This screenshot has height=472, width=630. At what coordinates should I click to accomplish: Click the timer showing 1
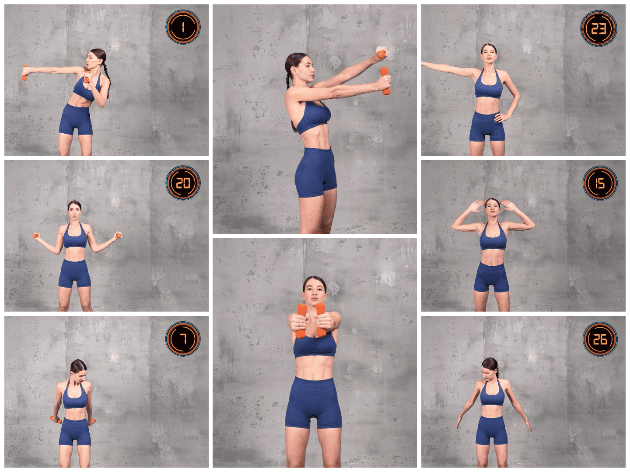[183, 27]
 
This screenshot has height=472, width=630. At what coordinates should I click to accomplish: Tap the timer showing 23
[598, 28]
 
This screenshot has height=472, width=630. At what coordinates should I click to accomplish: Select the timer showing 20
[183, 183]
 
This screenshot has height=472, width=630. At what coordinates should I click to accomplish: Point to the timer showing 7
[183, 339]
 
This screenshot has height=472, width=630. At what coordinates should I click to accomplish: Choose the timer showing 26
[600, 339]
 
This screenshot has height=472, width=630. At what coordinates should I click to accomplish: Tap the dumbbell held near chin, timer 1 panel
[87, 77]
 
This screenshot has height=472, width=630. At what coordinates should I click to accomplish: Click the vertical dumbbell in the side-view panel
[385, 81]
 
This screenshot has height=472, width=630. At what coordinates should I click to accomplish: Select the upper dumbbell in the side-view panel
[381, 54]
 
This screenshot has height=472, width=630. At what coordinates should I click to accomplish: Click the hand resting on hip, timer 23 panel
[501, 117]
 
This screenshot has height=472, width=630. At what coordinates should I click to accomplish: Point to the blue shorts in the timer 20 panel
[75, 273]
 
